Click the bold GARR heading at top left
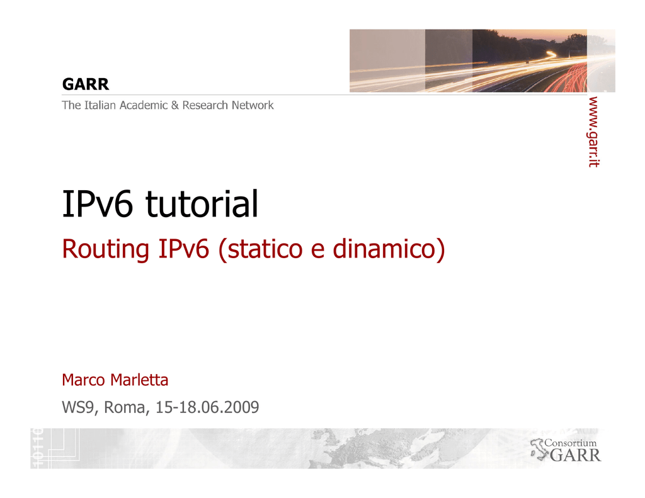[86, 84]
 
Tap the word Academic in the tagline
[144, 105]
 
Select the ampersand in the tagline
[175, 106]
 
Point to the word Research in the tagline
[205, 105]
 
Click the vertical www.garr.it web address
[593, 132]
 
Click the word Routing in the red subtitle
[105, 249]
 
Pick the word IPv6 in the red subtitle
[183, 249]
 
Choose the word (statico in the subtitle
[260, 249]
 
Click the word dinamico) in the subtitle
[389, 249]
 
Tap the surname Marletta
[139, 380]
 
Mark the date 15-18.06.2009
[207, 407]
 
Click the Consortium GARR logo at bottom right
[566, 450]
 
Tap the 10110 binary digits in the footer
[37, 448]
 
